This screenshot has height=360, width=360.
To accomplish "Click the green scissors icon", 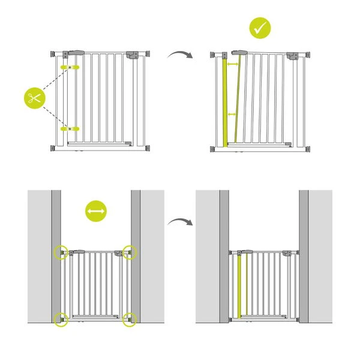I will (x=35, y=98).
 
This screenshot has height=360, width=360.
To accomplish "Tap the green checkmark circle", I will (x=260, y=28).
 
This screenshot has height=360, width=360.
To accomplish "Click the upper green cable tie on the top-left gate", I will (x=70, y=67).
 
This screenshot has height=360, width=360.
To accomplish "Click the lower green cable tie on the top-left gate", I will (x=70, y=128).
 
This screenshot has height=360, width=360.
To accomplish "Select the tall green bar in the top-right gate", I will (x=226, y=102).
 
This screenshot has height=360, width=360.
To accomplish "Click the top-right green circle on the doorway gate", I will (x=130, y=252).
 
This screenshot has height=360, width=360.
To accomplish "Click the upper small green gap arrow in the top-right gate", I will (x=234, y=63).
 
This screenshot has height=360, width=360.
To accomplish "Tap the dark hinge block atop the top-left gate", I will (x=78, y=54).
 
